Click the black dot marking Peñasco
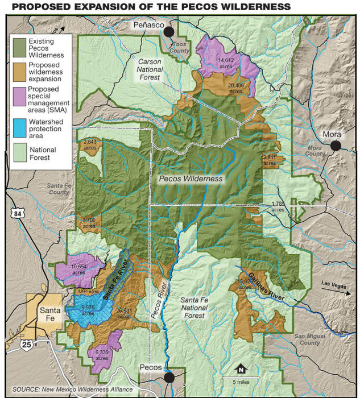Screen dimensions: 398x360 click(169, 32)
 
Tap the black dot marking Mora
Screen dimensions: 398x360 click(336, 146)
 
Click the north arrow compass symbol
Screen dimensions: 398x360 click(241, 368)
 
